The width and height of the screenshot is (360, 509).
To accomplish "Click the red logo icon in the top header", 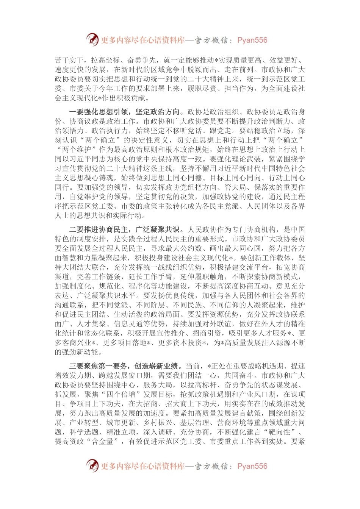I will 92,39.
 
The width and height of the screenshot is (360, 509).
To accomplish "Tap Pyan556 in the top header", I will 252,40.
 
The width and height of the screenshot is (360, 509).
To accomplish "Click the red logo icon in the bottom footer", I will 92,465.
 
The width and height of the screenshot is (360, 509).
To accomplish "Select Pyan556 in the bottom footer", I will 252,466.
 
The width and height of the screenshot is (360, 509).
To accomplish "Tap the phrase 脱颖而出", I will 209,70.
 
